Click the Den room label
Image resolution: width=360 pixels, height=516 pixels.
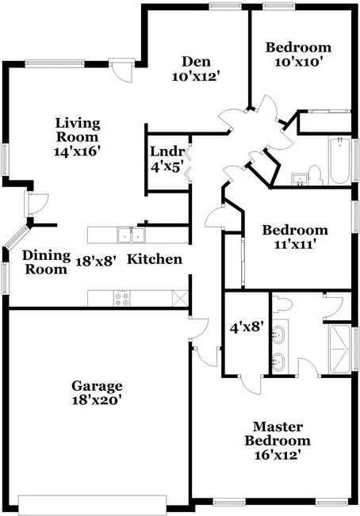click(x=194, y=69)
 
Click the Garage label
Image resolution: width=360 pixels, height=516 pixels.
click(x=97, y=393)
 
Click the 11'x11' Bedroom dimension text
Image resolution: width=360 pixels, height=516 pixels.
click(x=295, y=245)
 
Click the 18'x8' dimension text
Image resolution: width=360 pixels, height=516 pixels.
click(x=96, y=259)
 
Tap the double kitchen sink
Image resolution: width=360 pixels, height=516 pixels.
click(x=129, y=235)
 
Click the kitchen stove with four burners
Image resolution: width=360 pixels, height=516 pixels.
click(x=123, y=298)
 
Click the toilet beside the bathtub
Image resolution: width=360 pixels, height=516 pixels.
click(x=314, y=174)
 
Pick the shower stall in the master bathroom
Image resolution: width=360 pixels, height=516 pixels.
click(x=340, y=350)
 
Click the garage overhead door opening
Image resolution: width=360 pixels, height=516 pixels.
click(x=95, y=505)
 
